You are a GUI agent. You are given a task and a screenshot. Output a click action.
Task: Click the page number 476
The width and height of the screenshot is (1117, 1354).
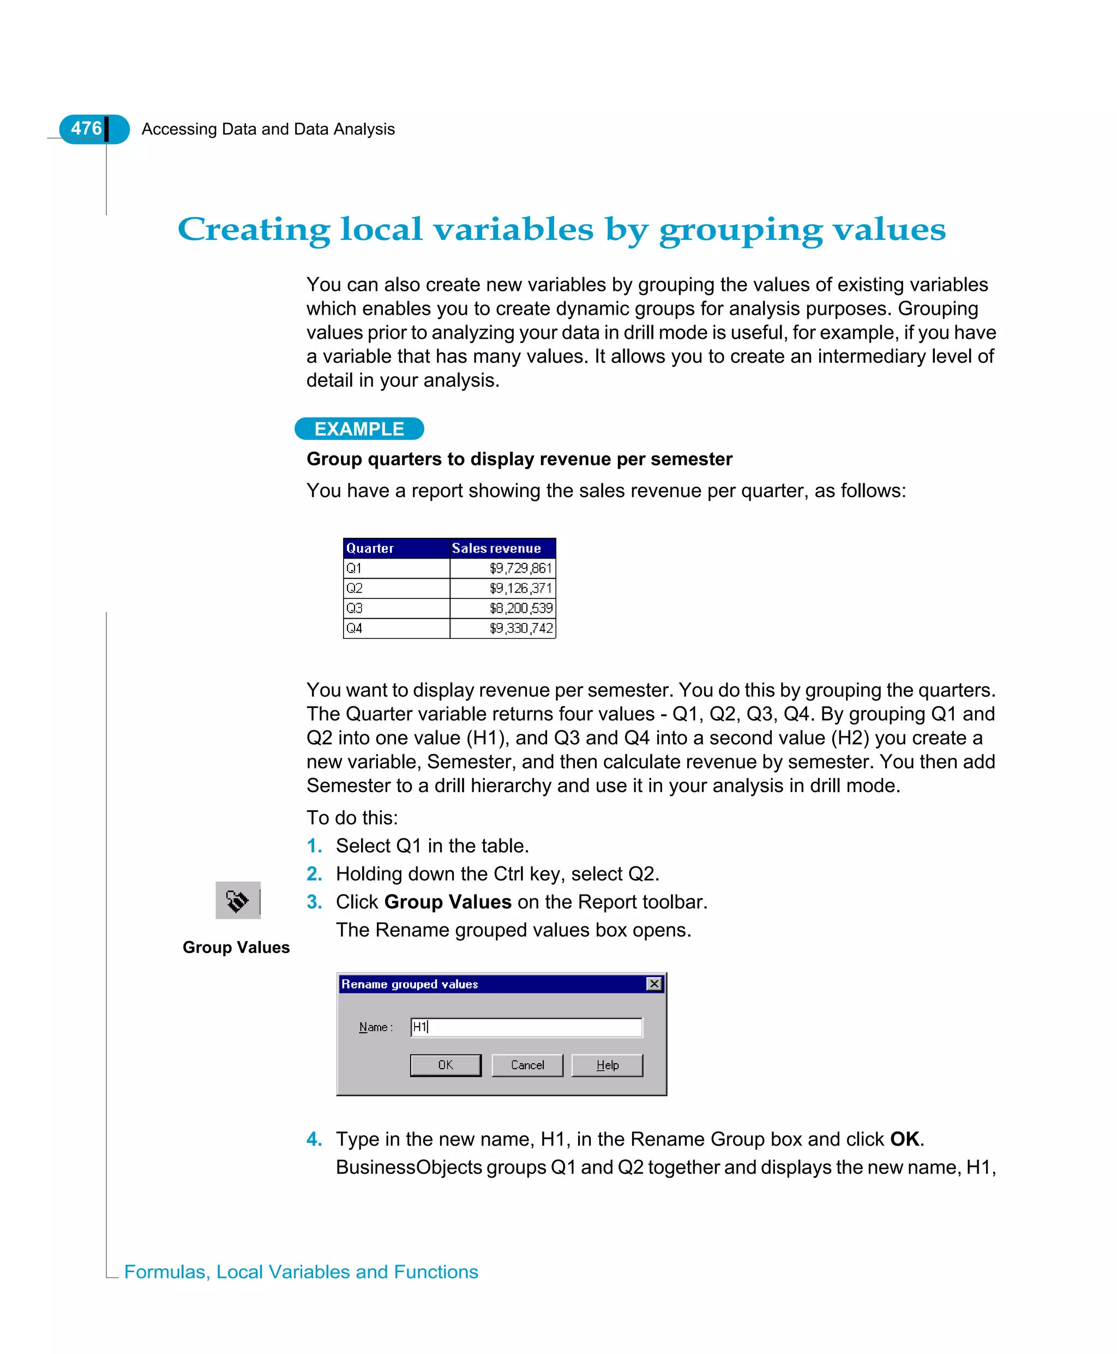click(x=86, y=129)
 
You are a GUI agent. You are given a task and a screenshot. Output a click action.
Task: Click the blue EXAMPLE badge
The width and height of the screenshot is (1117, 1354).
click(x=359, y=429)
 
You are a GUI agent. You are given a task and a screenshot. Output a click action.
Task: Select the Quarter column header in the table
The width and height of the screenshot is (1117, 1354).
click(x=370, y=548)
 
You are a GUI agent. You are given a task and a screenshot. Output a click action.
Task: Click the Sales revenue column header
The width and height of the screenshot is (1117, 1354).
click(x=496, y=548)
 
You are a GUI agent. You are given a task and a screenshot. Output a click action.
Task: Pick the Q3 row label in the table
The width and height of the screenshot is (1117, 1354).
click(x=355, y=608)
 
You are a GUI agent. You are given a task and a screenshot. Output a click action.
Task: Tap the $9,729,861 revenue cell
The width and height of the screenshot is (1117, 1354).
click(x=520, y=568)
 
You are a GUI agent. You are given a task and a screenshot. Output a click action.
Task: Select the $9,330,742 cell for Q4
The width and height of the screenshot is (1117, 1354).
click(x=520, y=628)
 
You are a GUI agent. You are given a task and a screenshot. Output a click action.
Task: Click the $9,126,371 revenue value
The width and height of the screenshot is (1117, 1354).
click(x=520, y=588)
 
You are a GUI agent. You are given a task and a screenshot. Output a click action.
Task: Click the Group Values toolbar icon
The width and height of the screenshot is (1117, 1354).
click(x=237, y=900)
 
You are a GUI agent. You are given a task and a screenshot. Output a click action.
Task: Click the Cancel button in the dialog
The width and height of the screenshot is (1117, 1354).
click(x=527, y=1065)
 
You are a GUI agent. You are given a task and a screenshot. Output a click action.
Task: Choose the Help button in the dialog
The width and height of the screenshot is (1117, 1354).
click(x=606, y=1065)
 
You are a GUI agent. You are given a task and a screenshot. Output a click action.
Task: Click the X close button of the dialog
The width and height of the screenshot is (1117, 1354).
click(x=654, y=984)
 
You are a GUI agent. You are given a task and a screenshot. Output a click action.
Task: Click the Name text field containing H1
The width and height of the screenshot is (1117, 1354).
click(x=526, y=1027)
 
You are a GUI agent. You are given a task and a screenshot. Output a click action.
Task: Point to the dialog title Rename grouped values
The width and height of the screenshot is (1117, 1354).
click(x=410, y=984)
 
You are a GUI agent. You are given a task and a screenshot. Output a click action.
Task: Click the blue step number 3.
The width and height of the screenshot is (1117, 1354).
click(x=314, y=902)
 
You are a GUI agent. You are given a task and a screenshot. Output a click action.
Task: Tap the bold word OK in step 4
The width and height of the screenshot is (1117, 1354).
click(x=904, y=1139)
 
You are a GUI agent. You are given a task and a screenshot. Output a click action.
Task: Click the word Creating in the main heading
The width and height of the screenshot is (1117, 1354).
click(x=254, y=229)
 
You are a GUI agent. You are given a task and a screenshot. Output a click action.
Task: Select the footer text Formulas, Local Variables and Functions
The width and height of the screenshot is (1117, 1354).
click(x=301, y=1272)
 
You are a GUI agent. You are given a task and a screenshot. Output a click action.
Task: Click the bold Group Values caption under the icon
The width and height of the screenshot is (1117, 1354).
click(x=236, y=947)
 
